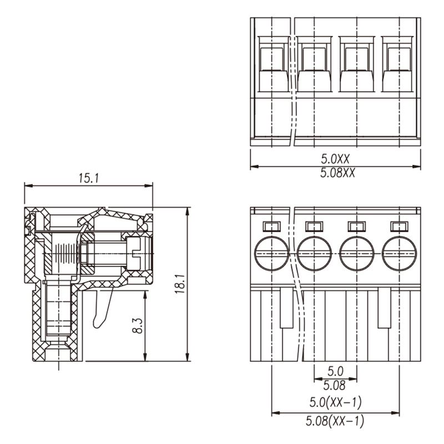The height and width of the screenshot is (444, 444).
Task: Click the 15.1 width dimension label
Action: (x=89, y=178)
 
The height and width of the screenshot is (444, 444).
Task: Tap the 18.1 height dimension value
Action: (x=180, y=284)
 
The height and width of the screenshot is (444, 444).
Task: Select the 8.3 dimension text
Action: (x=138, y=326)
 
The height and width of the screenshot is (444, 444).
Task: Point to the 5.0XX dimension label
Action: (x=335, y=159)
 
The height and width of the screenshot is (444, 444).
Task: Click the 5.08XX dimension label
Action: (x=337, y=173)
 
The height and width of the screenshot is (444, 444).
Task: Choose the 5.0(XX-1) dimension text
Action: (x=336, y=402)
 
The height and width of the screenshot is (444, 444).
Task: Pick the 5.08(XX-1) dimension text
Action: (x=335, y=421)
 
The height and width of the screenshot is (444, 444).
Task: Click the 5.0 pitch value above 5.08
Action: (x=336, y=371)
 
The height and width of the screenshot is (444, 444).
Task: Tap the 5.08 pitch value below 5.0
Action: (x=335, y=385)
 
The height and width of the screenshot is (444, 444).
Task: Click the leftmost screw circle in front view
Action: (x=271, y=253)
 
